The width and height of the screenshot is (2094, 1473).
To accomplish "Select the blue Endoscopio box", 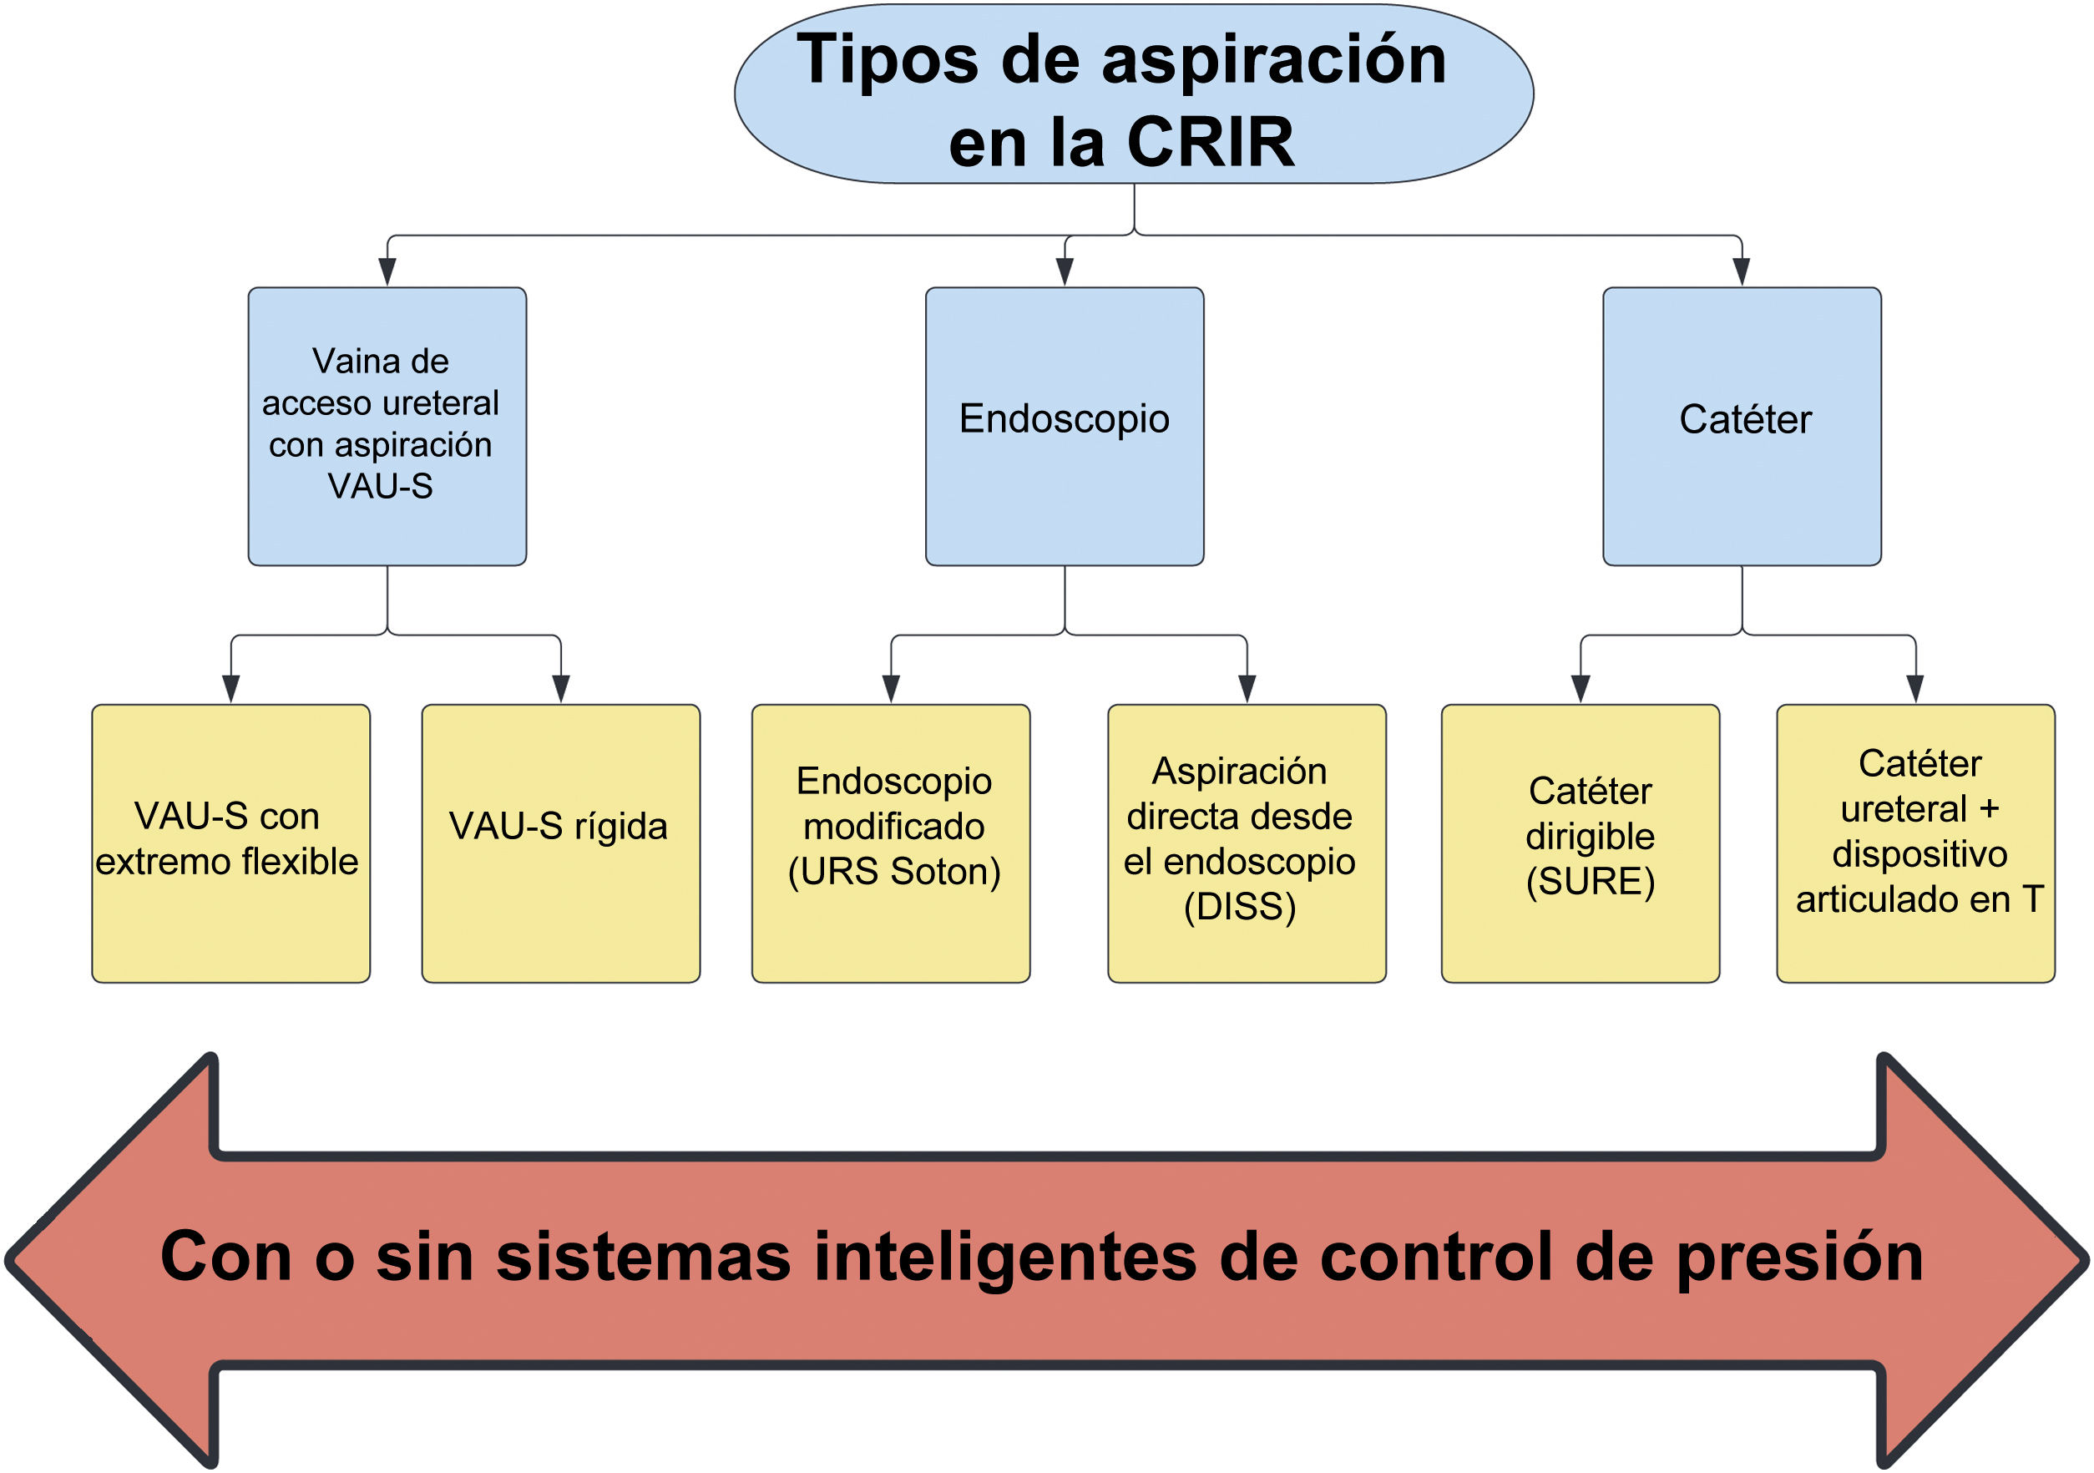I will pos(1065,426).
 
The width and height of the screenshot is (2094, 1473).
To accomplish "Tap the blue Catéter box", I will pos(1741,426).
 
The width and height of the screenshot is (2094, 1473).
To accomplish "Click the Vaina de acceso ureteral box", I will pos(387,426).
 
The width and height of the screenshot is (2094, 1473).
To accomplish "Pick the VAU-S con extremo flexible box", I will pos(230,843).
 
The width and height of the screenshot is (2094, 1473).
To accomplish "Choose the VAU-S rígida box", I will pos(560,843).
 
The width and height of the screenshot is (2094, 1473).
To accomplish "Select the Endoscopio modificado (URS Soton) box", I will pos(890,843).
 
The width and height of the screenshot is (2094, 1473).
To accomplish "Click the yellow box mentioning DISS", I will pos(1246,843).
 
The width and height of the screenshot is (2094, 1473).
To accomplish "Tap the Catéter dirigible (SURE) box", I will pos(1580,843).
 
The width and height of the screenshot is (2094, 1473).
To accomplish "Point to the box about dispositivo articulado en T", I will pos(1915,843).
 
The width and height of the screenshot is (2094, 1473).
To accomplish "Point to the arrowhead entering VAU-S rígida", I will pos(561,689).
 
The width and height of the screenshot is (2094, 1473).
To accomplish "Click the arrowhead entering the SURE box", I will pos(1581,689).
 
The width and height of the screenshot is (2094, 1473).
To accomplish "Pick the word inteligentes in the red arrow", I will pos(1004,1258).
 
